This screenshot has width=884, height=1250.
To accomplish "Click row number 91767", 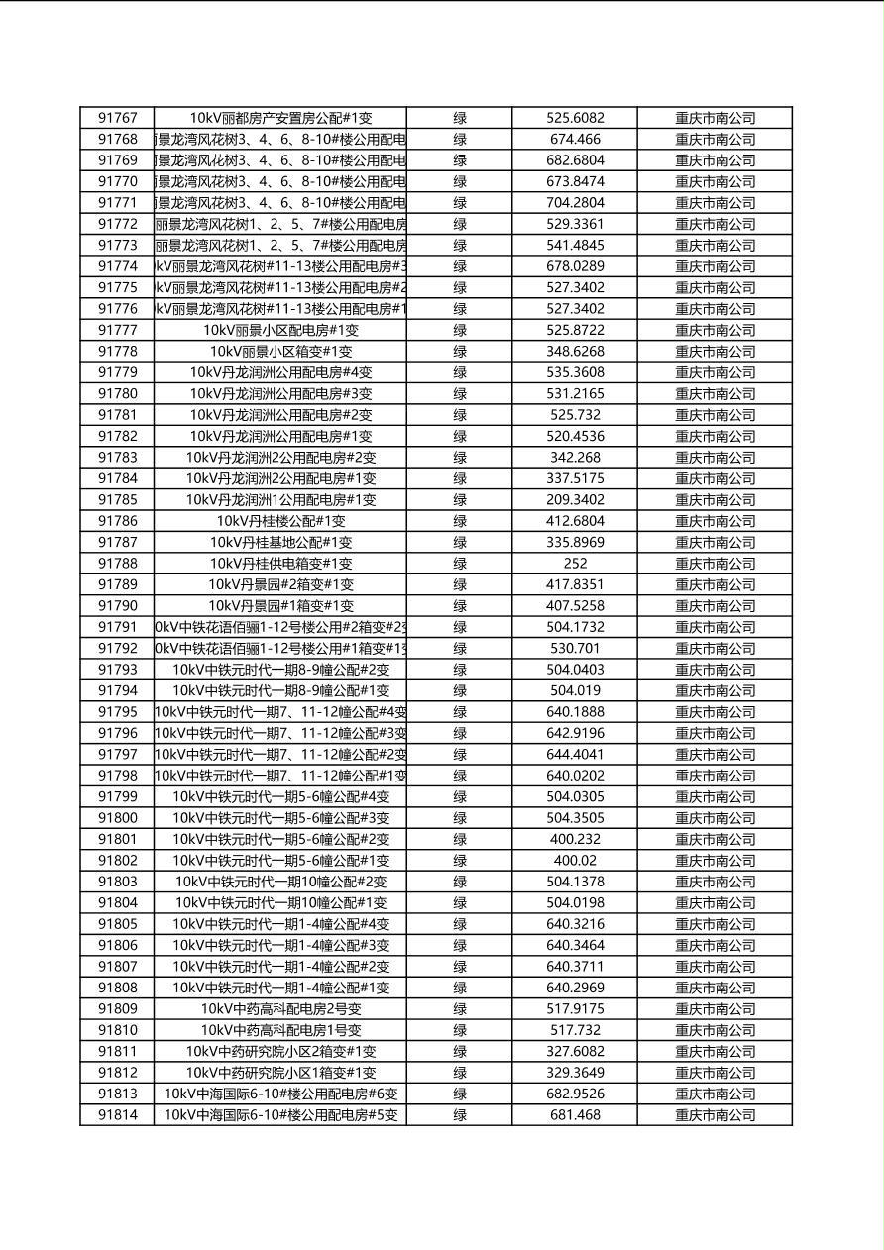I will coord(117,118).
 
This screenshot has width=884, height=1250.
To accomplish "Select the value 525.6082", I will coord(575,118).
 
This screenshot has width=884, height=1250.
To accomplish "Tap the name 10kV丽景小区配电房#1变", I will coord(280,330).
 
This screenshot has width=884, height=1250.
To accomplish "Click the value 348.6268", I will coord(575,352).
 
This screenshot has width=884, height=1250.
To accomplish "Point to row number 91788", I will coord(117,564).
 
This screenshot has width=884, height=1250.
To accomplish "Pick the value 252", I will coord(575,564).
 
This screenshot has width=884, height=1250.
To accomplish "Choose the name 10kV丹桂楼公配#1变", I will coord(280,521).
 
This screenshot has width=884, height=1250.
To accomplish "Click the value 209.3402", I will coord(575,500).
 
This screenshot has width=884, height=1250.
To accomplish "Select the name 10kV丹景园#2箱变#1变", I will coord(280,584).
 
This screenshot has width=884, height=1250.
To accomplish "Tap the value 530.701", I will coord(575,649).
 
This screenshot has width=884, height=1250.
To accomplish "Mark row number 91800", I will coord(117,818).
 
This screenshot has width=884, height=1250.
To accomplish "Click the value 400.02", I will coord(575,861).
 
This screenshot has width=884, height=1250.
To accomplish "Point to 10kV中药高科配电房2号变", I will coord(280,1009).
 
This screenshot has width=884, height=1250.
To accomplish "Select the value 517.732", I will coord(575,1030).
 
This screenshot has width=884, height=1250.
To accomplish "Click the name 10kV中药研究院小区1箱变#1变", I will coord(280,1073).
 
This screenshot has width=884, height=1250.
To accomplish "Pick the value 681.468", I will coord(575,1115).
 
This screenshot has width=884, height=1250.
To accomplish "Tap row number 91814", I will coord(117,1115).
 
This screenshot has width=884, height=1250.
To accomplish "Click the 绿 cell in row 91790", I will coord(460,606).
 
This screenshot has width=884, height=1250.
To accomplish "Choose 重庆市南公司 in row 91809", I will coord(715,1009).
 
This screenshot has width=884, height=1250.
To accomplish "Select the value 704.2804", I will coord(575,203).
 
